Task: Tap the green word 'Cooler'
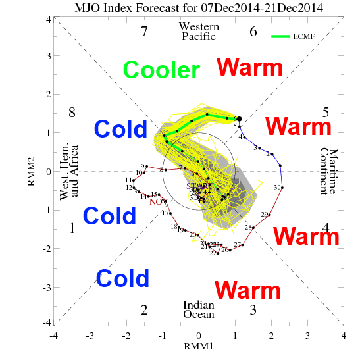tap(161, 70)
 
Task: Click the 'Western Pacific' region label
tap(198, 32)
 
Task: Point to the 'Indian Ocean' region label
tap(198, 310)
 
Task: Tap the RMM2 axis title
tap(30, 171)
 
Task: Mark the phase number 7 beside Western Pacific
tap(144, 31)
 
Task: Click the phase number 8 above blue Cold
tap(72, 112)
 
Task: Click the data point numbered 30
tap(282, 188)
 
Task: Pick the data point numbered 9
tap(147, 167)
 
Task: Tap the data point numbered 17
tap(170, 213)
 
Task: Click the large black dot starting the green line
tap(238, 118)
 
